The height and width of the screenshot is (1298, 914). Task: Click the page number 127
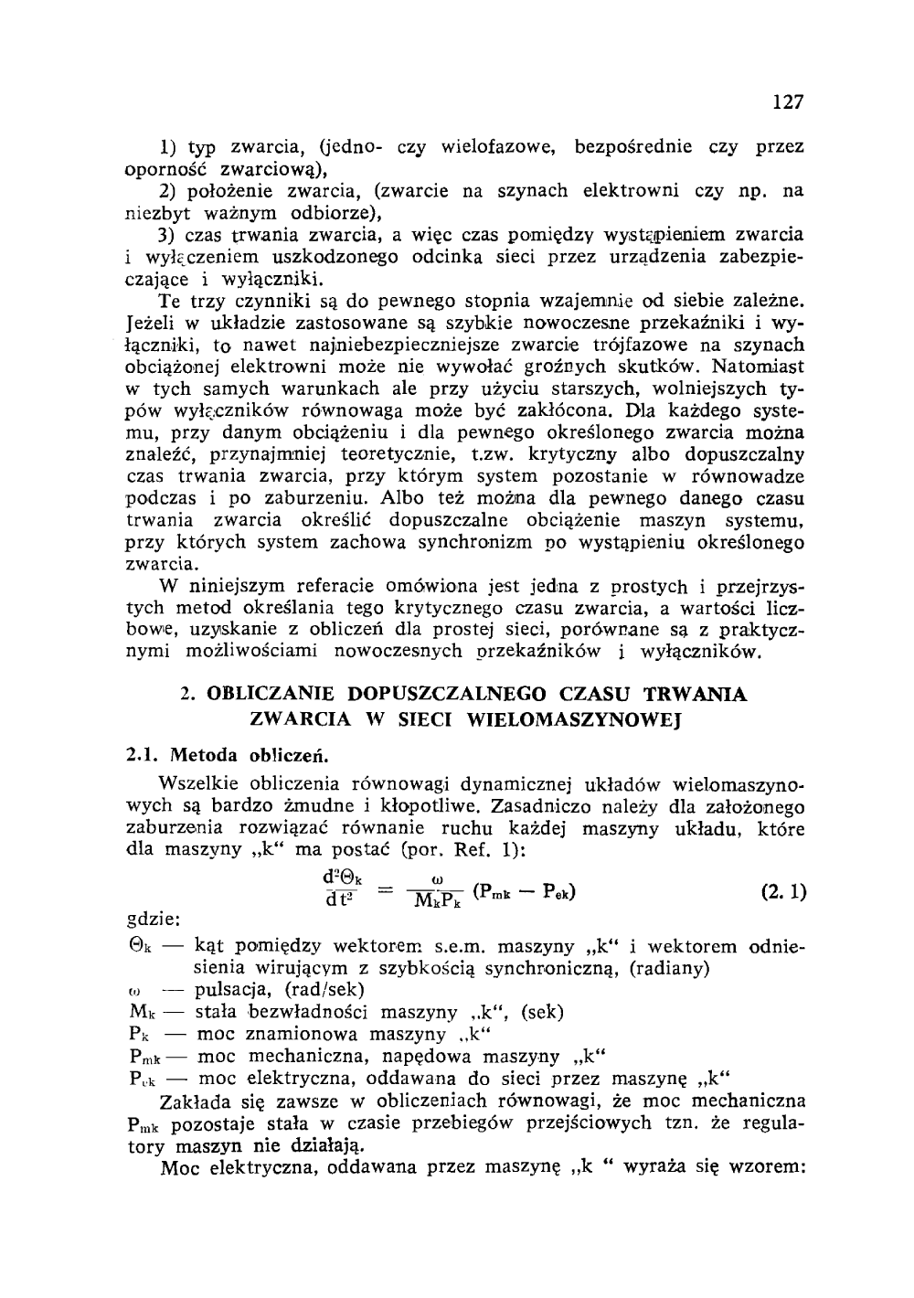pyautogui.click(x=787, y=102)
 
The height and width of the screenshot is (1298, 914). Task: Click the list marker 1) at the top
pyautogui.click(x=167, y=146)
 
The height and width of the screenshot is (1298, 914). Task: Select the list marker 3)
pyautogui.click(x=166, y=235)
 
